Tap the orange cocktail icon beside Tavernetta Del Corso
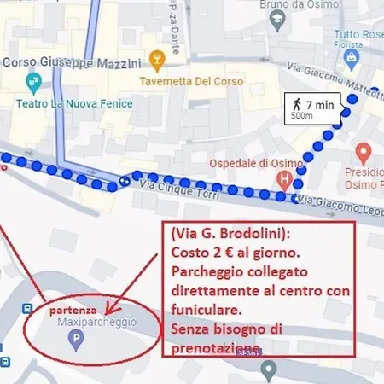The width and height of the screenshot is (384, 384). pyautogui.click(x=155, y=60)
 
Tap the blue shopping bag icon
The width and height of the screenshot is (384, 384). pyautogui.click(x=352, y=57)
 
